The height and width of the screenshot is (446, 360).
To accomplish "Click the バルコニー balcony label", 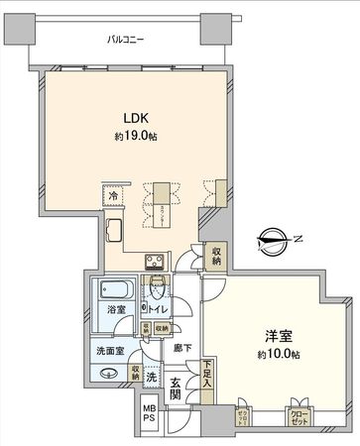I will click(x=128, y=41).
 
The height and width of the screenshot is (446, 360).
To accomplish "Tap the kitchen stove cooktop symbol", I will click(x=155, y=262).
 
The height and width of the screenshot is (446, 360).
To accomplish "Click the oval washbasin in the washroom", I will click(x=108, y=373).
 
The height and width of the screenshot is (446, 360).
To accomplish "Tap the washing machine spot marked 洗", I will click(x=151, y=377).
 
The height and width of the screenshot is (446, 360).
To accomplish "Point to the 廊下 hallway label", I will click(x=177, y=348).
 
